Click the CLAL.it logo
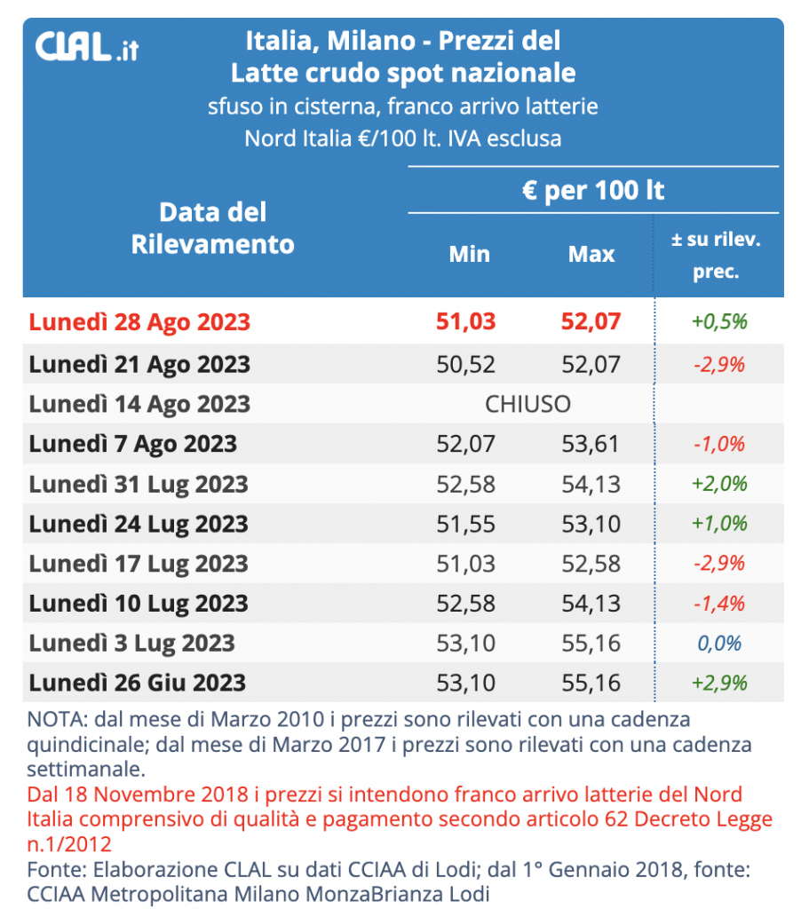[86, 46]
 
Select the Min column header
[469, 254]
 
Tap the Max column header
[591, 254]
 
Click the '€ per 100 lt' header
[593, 191]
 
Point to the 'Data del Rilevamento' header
[212, 227]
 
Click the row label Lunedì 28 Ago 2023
[139, 321]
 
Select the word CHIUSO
[527, 405]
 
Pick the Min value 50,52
[467, 364]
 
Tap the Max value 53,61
[591, 444]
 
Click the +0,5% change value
[718, 321]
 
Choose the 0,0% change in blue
[718, 644]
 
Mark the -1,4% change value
[718, 604]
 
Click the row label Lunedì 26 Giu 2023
[137, 684]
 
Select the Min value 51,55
[467, 524]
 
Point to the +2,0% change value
[718, 484]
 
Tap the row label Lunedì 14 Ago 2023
[139, 404]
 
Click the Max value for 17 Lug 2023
[591, 564]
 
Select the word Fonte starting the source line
[52, 868]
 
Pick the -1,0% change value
[718, 444]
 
